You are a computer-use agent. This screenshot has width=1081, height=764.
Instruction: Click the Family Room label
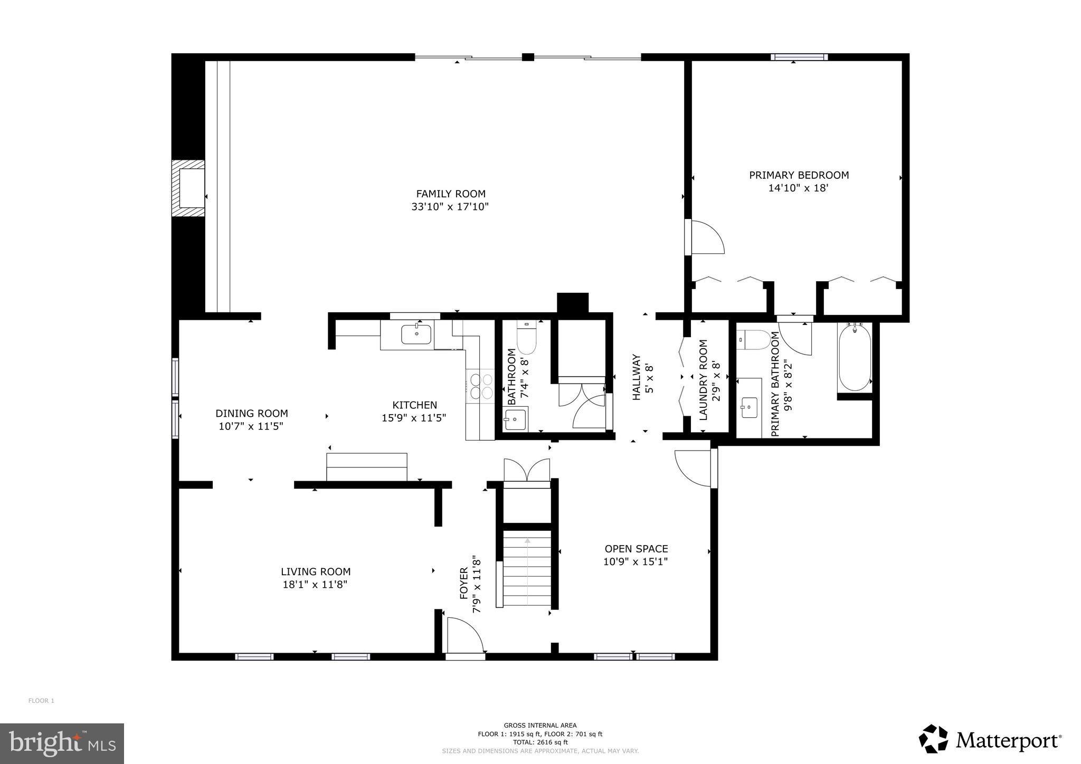[450, 194]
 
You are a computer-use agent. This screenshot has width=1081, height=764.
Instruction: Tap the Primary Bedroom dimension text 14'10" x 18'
[798, 188]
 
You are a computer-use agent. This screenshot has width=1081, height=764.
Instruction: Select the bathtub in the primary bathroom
[854, 357]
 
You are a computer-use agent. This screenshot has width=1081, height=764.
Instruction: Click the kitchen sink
[416, 334]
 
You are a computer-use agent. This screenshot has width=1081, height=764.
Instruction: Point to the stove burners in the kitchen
[480, 386]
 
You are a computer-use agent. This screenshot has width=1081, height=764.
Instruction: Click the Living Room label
[315, 571]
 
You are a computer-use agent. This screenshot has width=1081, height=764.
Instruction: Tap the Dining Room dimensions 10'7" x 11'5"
[251, 426]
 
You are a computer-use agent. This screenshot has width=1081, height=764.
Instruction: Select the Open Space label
[636, 549]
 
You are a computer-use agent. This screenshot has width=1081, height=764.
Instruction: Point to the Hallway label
[637, 377]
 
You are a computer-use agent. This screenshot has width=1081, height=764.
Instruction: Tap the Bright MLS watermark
[62, 743]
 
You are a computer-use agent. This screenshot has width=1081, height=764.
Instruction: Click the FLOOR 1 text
[41, 701]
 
